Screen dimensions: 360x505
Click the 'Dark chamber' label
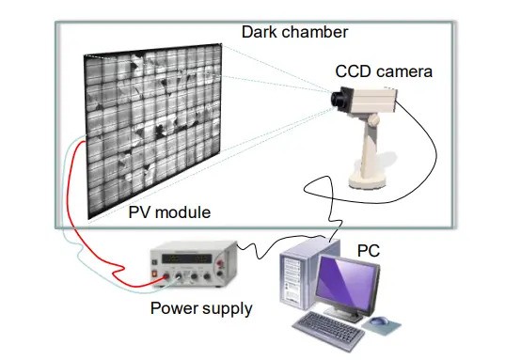(x=294, y=32)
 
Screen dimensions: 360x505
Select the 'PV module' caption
(x=169, y=212)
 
